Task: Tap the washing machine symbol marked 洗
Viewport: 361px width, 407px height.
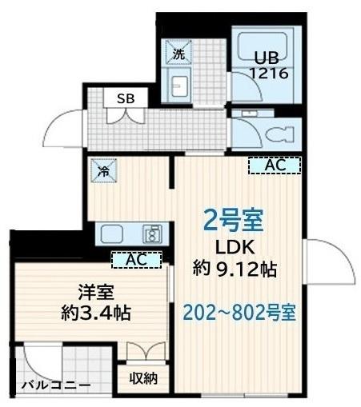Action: pyautogui.click(x=178, y=54)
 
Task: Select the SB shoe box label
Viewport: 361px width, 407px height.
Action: pyautogui.click(x=126, y=98)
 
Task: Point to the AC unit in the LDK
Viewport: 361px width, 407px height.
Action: pyautogui.click(x=275, y=166)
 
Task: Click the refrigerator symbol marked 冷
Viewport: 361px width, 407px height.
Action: pyautogui.click(x=104, y=170)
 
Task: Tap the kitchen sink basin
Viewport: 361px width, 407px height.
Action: pyautogui.click(x=112, y=234)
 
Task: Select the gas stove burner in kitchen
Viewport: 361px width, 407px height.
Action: pyautogui.click(x=151, y=234)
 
